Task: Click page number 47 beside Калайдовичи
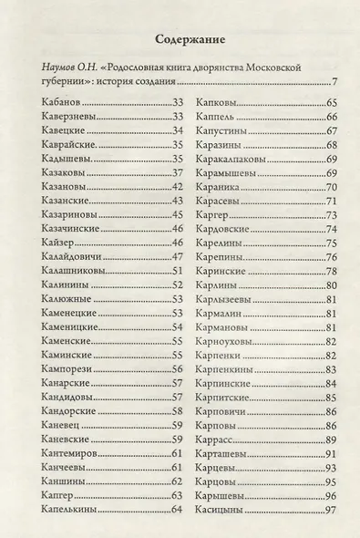pos(179,257)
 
